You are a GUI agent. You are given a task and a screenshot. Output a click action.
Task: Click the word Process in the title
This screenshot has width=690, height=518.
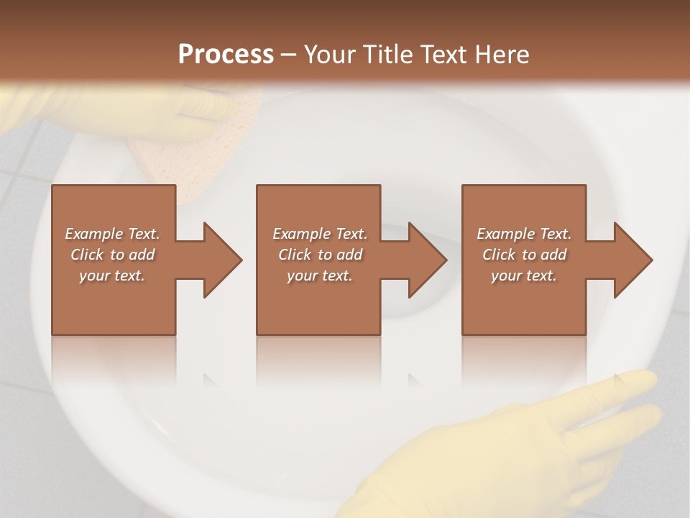226,55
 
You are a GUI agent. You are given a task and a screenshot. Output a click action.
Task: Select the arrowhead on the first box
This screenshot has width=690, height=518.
223,260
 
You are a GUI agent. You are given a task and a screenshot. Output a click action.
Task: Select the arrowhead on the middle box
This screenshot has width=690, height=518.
428,260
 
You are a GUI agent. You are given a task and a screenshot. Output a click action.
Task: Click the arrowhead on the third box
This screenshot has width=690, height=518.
633,260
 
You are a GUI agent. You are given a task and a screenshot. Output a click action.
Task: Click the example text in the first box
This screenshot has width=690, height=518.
112,255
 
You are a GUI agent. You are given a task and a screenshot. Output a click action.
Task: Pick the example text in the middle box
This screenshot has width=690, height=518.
320,255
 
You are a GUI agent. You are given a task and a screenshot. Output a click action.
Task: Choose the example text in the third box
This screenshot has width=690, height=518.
524,255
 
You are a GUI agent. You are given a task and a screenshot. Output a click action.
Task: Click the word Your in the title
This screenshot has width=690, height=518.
330,55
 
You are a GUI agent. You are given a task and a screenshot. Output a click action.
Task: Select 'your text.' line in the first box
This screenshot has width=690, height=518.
112,276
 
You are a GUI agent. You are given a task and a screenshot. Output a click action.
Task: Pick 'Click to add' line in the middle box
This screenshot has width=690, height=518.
320,255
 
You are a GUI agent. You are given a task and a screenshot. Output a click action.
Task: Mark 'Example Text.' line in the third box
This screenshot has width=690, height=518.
524,234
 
